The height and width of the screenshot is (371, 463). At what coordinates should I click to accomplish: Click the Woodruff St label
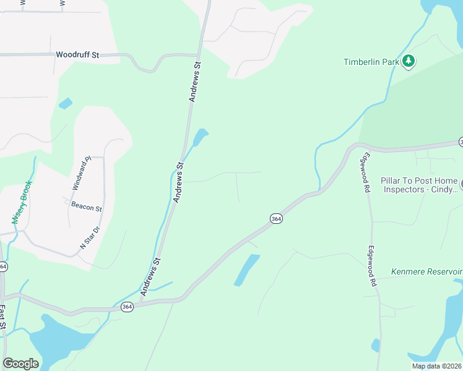pos(77,55)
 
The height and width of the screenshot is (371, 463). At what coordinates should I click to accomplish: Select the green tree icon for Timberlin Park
pos(408,61)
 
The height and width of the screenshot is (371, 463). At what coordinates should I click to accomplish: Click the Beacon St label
pos(86,208)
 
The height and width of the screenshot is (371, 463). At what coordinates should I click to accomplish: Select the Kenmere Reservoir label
pos(427,271)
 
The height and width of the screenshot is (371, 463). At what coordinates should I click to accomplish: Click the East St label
pos(3,317)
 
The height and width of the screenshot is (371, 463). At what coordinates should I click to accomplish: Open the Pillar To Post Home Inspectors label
pos(419,185)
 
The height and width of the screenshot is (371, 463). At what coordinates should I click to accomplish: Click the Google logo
pos(20,364)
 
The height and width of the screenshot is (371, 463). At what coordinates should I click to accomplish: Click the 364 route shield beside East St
pos(4,267)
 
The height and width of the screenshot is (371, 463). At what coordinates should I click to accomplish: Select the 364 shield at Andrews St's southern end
pos(127,307)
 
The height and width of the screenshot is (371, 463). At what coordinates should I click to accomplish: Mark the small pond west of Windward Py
pos(65,103)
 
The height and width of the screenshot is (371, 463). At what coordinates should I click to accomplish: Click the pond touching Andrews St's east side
pos(200,137)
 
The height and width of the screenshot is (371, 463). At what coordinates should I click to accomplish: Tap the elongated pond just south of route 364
pos(246,270)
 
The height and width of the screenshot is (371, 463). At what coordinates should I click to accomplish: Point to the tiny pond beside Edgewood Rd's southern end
pos(375,345)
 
